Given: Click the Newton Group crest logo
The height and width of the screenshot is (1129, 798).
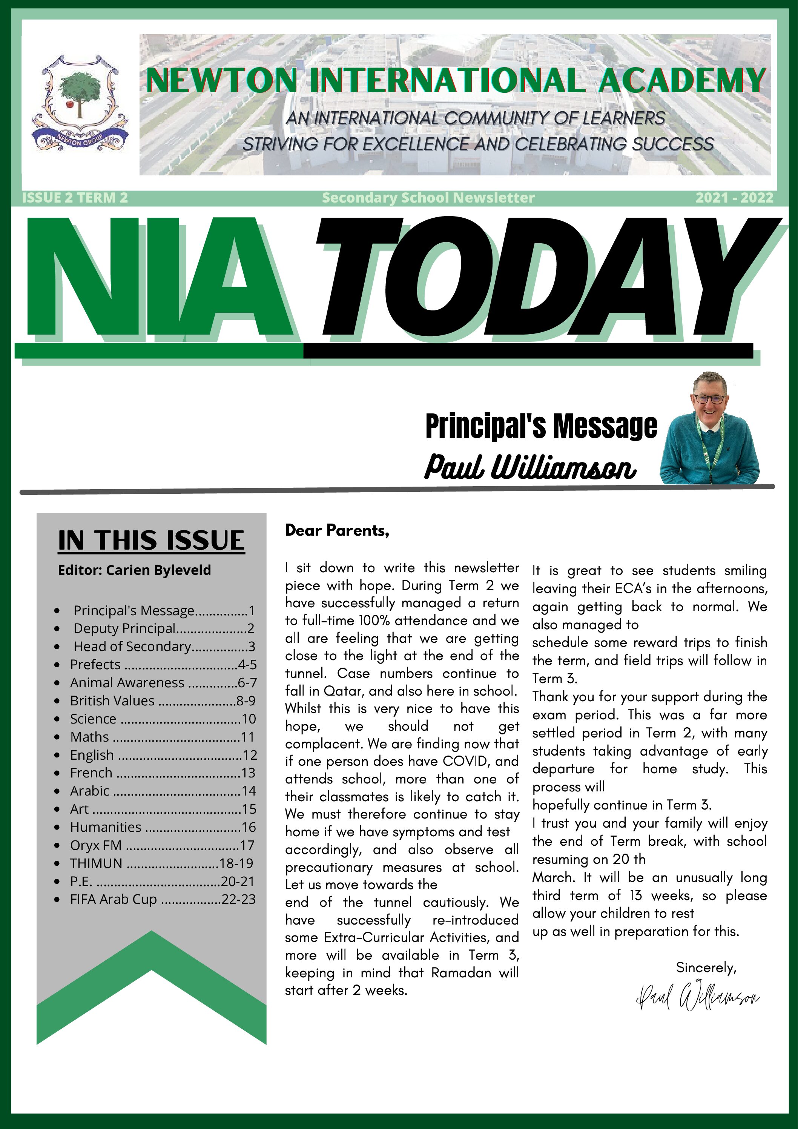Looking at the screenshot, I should [79, 104].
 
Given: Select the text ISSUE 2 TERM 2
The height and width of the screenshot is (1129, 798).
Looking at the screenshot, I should [75, 198].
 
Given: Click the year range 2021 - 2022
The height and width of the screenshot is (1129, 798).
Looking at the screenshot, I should [734, 198].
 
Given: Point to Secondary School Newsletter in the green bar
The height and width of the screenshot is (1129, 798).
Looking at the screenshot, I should [428, 198].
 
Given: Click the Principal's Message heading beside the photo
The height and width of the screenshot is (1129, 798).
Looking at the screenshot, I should [541, 426].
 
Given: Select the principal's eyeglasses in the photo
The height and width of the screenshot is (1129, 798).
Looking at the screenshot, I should [708, 399].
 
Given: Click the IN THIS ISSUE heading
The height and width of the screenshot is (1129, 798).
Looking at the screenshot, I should [151, 541].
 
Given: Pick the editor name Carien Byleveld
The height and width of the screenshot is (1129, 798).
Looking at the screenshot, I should [158, 570].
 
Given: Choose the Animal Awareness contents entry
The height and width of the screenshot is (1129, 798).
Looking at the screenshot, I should [127, 682].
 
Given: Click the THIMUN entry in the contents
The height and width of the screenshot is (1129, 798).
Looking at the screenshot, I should [97, 863].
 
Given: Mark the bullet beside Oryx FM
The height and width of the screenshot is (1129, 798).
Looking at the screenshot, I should [58, 845].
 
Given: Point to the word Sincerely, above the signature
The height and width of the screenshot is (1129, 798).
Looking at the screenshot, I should [706, 967].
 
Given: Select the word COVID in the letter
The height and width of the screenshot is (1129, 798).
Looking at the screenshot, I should [466, 761].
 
